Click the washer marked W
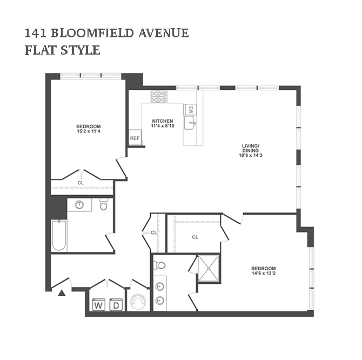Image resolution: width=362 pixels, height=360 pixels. click(98, 304)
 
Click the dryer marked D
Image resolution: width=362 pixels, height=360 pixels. click(116, 304)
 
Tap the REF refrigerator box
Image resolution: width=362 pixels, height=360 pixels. click(135, 138)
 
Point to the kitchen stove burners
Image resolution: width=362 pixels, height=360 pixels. click(159, 97)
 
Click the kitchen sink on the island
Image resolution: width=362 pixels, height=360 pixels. click(190, 123)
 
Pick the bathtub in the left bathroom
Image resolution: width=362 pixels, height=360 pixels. click(59, 236)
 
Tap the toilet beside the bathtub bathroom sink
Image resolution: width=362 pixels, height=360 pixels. click(103, 204)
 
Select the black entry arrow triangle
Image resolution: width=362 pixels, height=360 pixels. click(62, 293)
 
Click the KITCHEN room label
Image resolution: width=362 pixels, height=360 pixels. click(163, 121)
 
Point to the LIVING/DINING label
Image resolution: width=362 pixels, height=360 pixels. click(251, 148)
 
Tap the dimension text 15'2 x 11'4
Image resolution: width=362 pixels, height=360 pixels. click(89, 131)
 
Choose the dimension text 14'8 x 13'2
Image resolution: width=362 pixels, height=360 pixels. click(264, 273)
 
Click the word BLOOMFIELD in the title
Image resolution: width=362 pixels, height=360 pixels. click(92, 33)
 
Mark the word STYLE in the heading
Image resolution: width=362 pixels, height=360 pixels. click(81, 50)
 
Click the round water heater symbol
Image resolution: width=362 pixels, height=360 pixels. click(138, 301)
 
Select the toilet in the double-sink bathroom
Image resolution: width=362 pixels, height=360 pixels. click(159, 265)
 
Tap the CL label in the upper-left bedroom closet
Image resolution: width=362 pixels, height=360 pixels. click(81, 183)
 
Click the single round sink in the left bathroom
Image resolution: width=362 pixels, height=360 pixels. click(79, 204)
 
